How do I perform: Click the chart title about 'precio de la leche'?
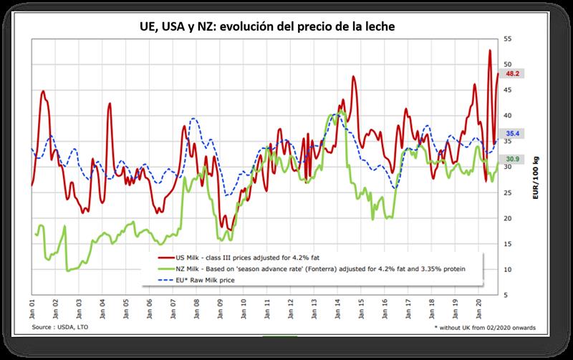(286, 26)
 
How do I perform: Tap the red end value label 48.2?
(513, 73)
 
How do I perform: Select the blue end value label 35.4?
(513, 133)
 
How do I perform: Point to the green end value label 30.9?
(513, 159)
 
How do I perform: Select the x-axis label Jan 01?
(33, 308)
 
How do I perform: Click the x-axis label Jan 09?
(221, 308)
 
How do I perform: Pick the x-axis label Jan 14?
(338, 308)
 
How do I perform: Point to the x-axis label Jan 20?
(478, 308)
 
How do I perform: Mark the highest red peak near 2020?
(489, 51)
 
